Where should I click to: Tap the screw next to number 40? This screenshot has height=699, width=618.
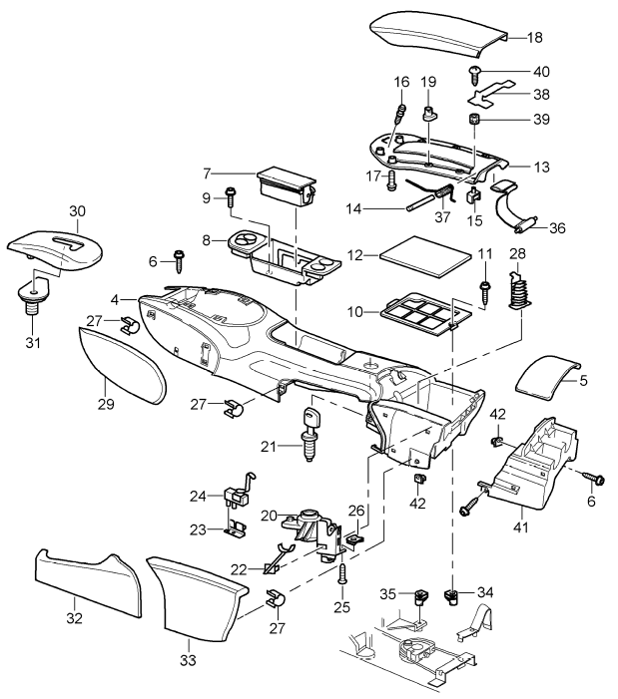point(476,72)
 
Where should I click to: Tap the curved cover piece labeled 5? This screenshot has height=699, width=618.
point(545,382)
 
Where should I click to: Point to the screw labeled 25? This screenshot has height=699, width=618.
point(343,573)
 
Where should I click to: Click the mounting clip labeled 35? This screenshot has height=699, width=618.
point(418,599)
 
